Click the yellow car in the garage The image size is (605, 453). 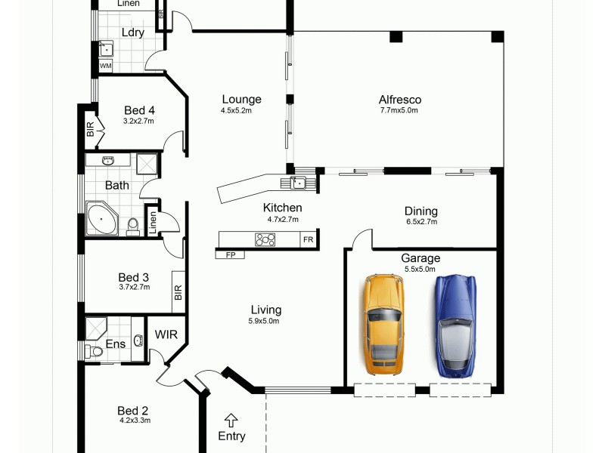pyautogui.click(x=384, y=325)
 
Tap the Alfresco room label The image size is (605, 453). pyautogui.click(x=400, y=100)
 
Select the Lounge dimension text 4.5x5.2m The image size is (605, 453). pyautogui.click(x=240, y=110)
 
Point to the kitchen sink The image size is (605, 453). pyautogui.click(x=298, y=182)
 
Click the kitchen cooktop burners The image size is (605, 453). pyautogui.click(x=266, y=239)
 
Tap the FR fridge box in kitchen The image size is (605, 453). pyautogui.click(x=308, y=239)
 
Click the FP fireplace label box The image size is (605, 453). pyautogui.click(x=230, y=255)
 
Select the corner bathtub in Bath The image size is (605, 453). pyautogui.click(x=102, y=218)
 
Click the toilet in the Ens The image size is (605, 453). pyautogui.click(x=95, y=351)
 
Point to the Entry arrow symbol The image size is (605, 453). pyautogui.click(x=231, y=419)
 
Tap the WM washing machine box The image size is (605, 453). pyautogui.click(x=105, y=66)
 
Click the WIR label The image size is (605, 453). pyautogui.click(x=166, y=334)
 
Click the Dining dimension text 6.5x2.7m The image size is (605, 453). pyautogui.click(x=421, y=222)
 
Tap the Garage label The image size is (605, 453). pyautogui.click(x=420, y=258)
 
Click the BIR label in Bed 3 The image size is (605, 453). pyautogui.click(x=178, y=292)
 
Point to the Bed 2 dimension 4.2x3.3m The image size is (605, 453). pyautogui.click(x=134, y=421)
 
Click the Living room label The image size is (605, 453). pyautogui.click(x=266, y=310)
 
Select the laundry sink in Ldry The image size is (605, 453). pyautogui.click(x=106, y=50)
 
